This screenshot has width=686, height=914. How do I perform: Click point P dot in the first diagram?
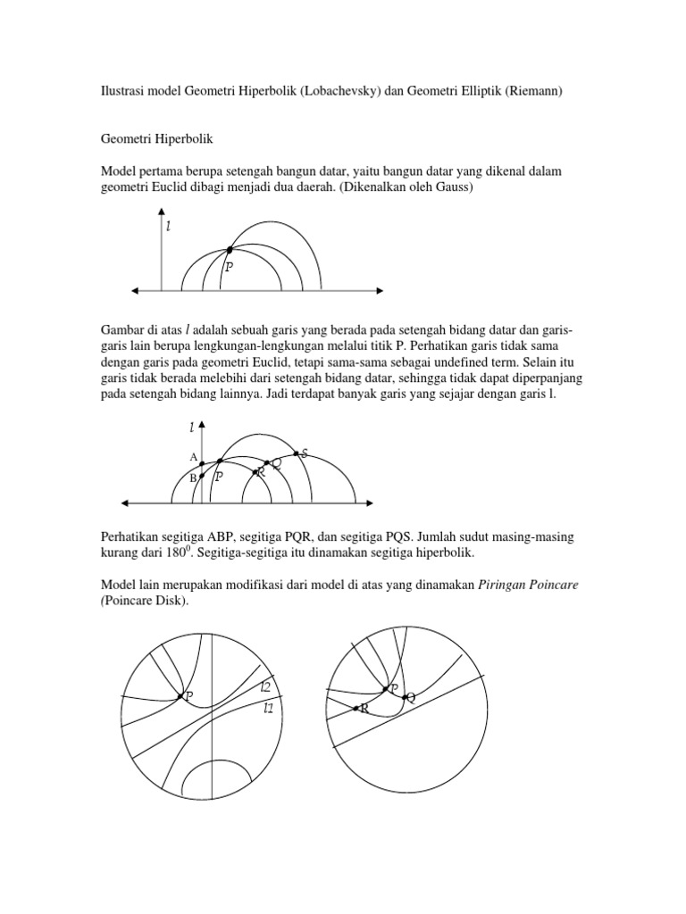coord(230,250)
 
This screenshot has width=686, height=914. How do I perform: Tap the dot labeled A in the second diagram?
coord(202,462)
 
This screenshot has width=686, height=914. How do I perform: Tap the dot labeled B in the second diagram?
coord(202,477)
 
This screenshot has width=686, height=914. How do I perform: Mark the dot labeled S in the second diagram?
coord(296,453)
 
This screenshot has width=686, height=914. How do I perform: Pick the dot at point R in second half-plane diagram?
coord(255,471)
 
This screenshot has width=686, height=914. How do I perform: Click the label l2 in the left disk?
coord(265,687)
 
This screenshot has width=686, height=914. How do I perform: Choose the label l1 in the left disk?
coord(268,709)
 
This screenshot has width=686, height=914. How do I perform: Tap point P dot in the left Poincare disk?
coord(180,695)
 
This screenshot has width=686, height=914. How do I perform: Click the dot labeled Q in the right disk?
coord(404,697)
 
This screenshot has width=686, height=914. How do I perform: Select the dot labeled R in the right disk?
coord(356,709)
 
